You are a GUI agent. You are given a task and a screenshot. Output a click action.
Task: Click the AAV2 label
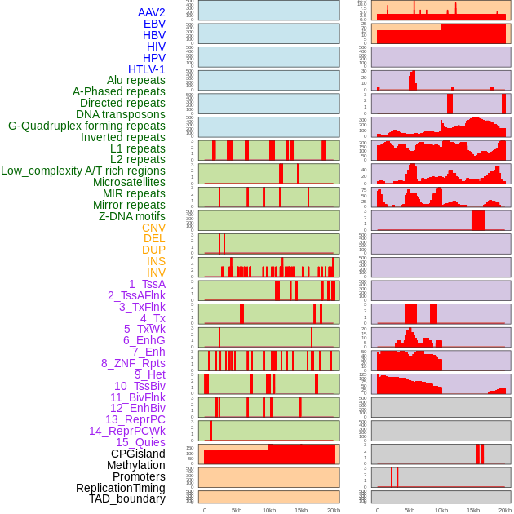tap(152, 13)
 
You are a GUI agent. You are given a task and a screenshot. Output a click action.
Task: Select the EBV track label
tap(154, 24)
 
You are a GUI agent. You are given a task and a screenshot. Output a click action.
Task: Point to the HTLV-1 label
tap(147, 69)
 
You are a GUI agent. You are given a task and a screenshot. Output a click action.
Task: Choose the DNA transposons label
tap(121, 114)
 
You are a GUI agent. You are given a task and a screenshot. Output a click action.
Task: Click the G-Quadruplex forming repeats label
tap(86, 126)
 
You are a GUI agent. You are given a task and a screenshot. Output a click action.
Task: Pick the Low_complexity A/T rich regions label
tap(83, 171)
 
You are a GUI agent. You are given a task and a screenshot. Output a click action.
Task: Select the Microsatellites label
tap(129, 182)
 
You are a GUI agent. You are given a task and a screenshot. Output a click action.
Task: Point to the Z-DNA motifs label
tap(132, 216)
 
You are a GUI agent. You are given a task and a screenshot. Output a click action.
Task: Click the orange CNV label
tap(153, 228)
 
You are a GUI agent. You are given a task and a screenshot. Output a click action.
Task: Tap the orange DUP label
tap(153, 250)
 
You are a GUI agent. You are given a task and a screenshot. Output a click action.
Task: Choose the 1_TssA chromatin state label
tap(147, 284)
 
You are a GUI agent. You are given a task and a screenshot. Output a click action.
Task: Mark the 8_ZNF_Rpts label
tap(133, 363)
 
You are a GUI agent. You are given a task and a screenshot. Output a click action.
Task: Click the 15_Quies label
tap(140, 442)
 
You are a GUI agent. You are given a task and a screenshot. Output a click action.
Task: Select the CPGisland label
tap(138, 454)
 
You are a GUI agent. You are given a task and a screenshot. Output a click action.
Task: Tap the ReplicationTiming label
tap(121, 488)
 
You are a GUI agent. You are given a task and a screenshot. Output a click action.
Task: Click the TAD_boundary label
tap(127, 498)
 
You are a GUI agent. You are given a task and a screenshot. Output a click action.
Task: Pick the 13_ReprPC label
tap(135, 419)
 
